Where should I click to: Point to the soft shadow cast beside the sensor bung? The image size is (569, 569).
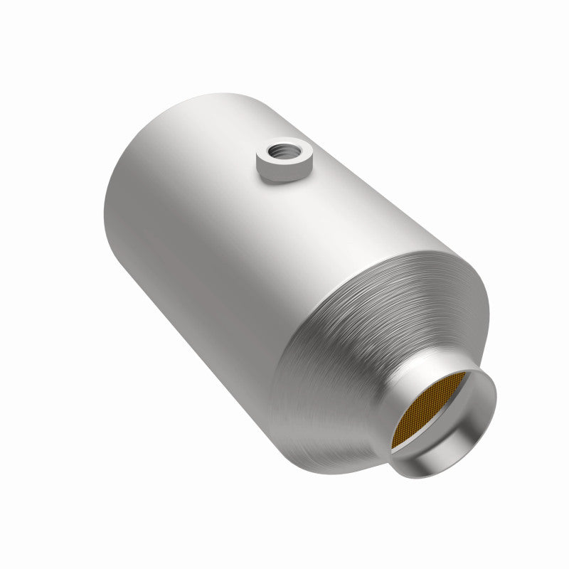coord(313,178)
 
